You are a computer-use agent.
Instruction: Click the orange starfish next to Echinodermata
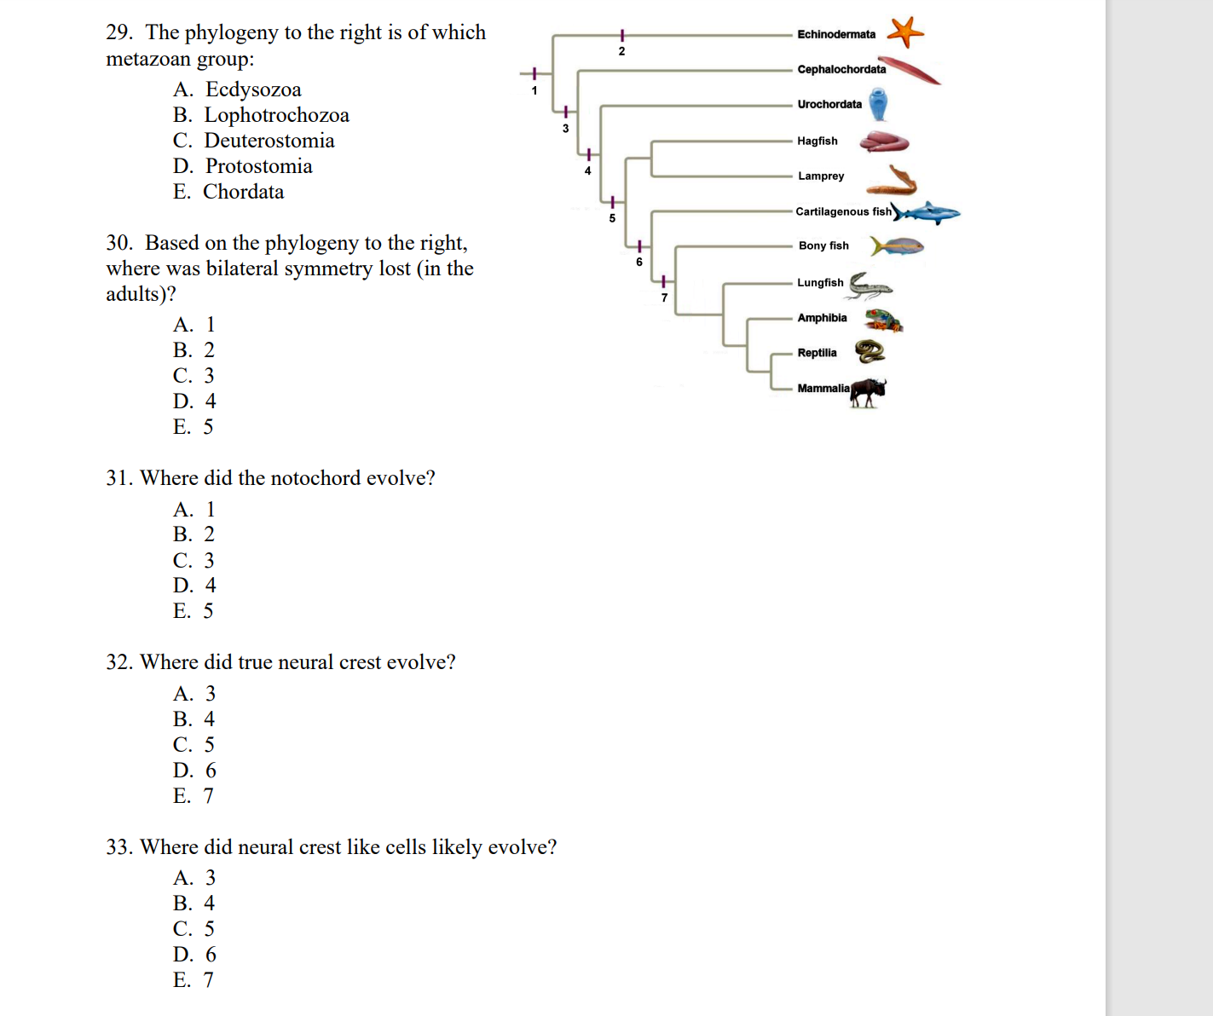905,32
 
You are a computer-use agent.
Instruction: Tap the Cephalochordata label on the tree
841,69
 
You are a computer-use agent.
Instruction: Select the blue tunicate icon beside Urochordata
878,104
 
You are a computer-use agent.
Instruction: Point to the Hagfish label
817,141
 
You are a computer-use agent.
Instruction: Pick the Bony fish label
823,245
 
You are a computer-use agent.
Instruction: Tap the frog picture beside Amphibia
883,320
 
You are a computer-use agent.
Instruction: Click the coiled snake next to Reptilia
869,351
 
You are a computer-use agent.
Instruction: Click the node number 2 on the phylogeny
621,51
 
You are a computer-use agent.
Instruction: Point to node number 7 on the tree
664,297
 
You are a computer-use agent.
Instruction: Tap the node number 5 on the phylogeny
612,218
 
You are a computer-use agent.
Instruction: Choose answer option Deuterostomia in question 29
269,141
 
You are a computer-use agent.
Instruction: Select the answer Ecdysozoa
253,89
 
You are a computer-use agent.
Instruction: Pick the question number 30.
118,243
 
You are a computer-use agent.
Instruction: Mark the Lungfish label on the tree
820,282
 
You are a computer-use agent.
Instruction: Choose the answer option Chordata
243,192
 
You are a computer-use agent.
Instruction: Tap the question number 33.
118,847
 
